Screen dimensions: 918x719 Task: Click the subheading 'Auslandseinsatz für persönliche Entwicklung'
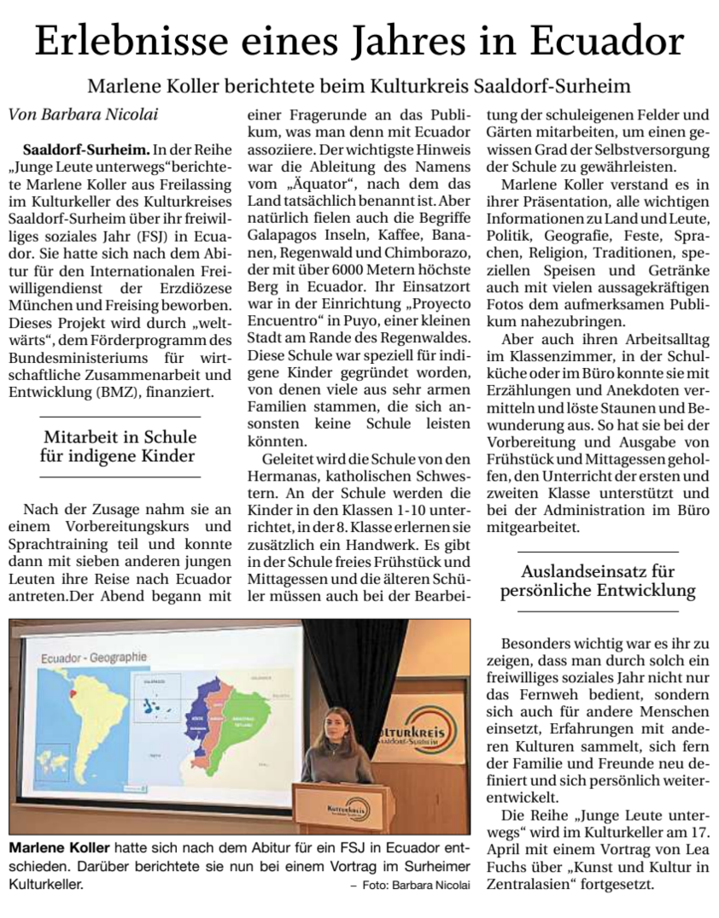coord(598,581)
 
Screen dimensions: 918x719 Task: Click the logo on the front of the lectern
coord(347,807)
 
